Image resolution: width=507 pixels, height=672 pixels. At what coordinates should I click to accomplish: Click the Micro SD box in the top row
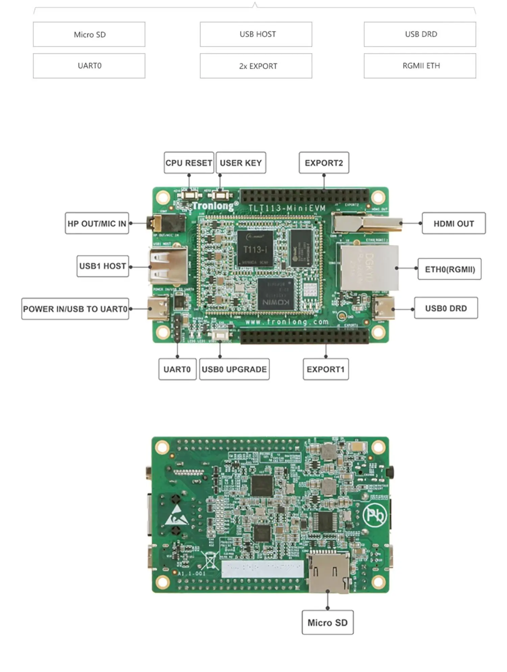[x=89, y=35]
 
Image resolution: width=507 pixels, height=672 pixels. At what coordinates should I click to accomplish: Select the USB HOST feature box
[x=256, y=35]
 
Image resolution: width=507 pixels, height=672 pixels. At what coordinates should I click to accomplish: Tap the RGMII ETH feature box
[x=420, y=66]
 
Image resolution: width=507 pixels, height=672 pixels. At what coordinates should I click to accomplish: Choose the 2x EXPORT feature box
[x=256, y=66]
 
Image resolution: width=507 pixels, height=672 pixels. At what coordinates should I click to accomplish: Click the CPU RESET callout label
[x=189, y=163]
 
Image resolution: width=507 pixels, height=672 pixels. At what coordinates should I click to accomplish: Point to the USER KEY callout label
[x=241, y=163]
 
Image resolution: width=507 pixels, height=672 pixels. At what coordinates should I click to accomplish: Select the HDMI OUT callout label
[x=454, y=224]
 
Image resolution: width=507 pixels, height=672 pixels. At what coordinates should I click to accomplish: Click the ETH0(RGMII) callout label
[x=450, y=269]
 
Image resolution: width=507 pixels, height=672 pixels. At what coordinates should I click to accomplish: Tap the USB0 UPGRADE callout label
[x=234, y=369]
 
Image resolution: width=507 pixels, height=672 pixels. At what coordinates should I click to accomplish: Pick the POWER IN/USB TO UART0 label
[x=75, y=309]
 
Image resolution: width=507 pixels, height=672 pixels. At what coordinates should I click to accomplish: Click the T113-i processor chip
[x=255, y=249]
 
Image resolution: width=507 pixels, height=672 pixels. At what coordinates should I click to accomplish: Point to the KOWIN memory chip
[x=275, y=294]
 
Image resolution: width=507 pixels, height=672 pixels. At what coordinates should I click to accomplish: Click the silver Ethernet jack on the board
[x=369, y=267]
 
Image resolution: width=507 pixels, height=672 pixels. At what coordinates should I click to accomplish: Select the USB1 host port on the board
[x=168, y=266]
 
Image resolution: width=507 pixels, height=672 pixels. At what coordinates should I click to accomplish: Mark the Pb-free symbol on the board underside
[x=375, y=515]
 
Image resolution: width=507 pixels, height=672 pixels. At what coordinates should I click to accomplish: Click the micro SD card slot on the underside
[x=328, y=573]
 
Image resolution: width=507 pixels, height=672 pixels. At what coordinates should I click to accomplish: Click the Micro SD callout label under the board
[x=327, y=623]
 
